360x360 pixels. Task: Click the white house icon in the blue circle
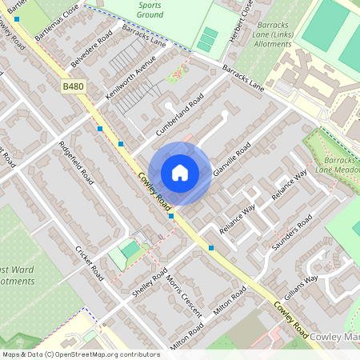coord(180,173)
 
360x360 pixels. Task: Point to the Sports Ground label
coord(150,10)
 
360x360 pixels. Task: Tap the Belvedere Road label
coord(91,51)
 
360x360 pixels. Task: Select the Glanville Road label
coord(232,161)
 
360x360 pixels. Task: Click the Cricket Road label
coord(90,262)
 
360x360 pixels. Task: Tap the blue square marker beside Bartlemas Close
coord(17,18)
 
